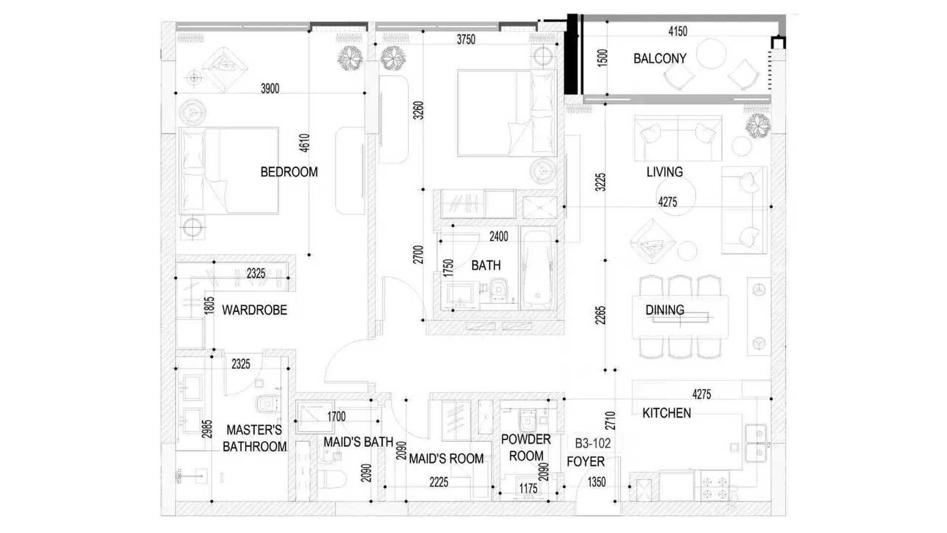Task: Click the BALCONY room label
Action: click(659, 59)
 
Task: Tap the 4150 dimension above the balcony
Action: click(678, 31)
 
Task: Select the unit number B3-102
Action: click(593, 443)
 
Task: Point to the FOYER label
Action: click(585, 461)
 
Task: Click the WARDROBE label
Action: click(255, 310)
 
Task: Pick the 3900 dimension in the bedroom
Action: click(270, 88)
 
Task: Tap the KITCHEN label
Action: click(666, 413)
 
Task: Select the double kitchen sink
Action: click(756, 443)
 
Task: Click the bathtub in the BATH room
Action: click(538, 269)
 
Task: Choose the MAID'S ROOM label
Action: click(446, 459)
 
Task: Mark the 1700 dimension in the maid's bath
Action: click(336, 417)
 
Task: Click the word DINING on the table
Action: click(665, 310)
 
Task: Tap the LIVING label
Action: click(665, 172)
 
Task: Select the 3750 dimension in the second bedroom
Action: click(466, 39)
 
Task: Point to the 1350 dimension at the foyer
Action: click(596, 482)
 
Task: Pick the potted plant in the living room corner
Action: click(758, 126)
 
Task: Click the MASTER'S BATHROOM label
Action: click(255, 438)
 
